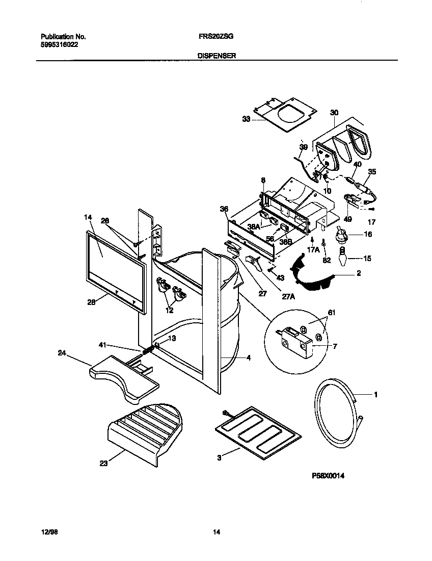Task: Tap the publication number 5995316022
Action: [x=60, y=44]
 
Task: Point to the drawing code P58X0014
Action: [x=329, y=475]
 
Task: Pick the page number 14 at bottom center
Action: [x=216, y=532]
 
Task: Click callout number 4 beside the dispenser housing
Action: [x=248, y=358]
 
